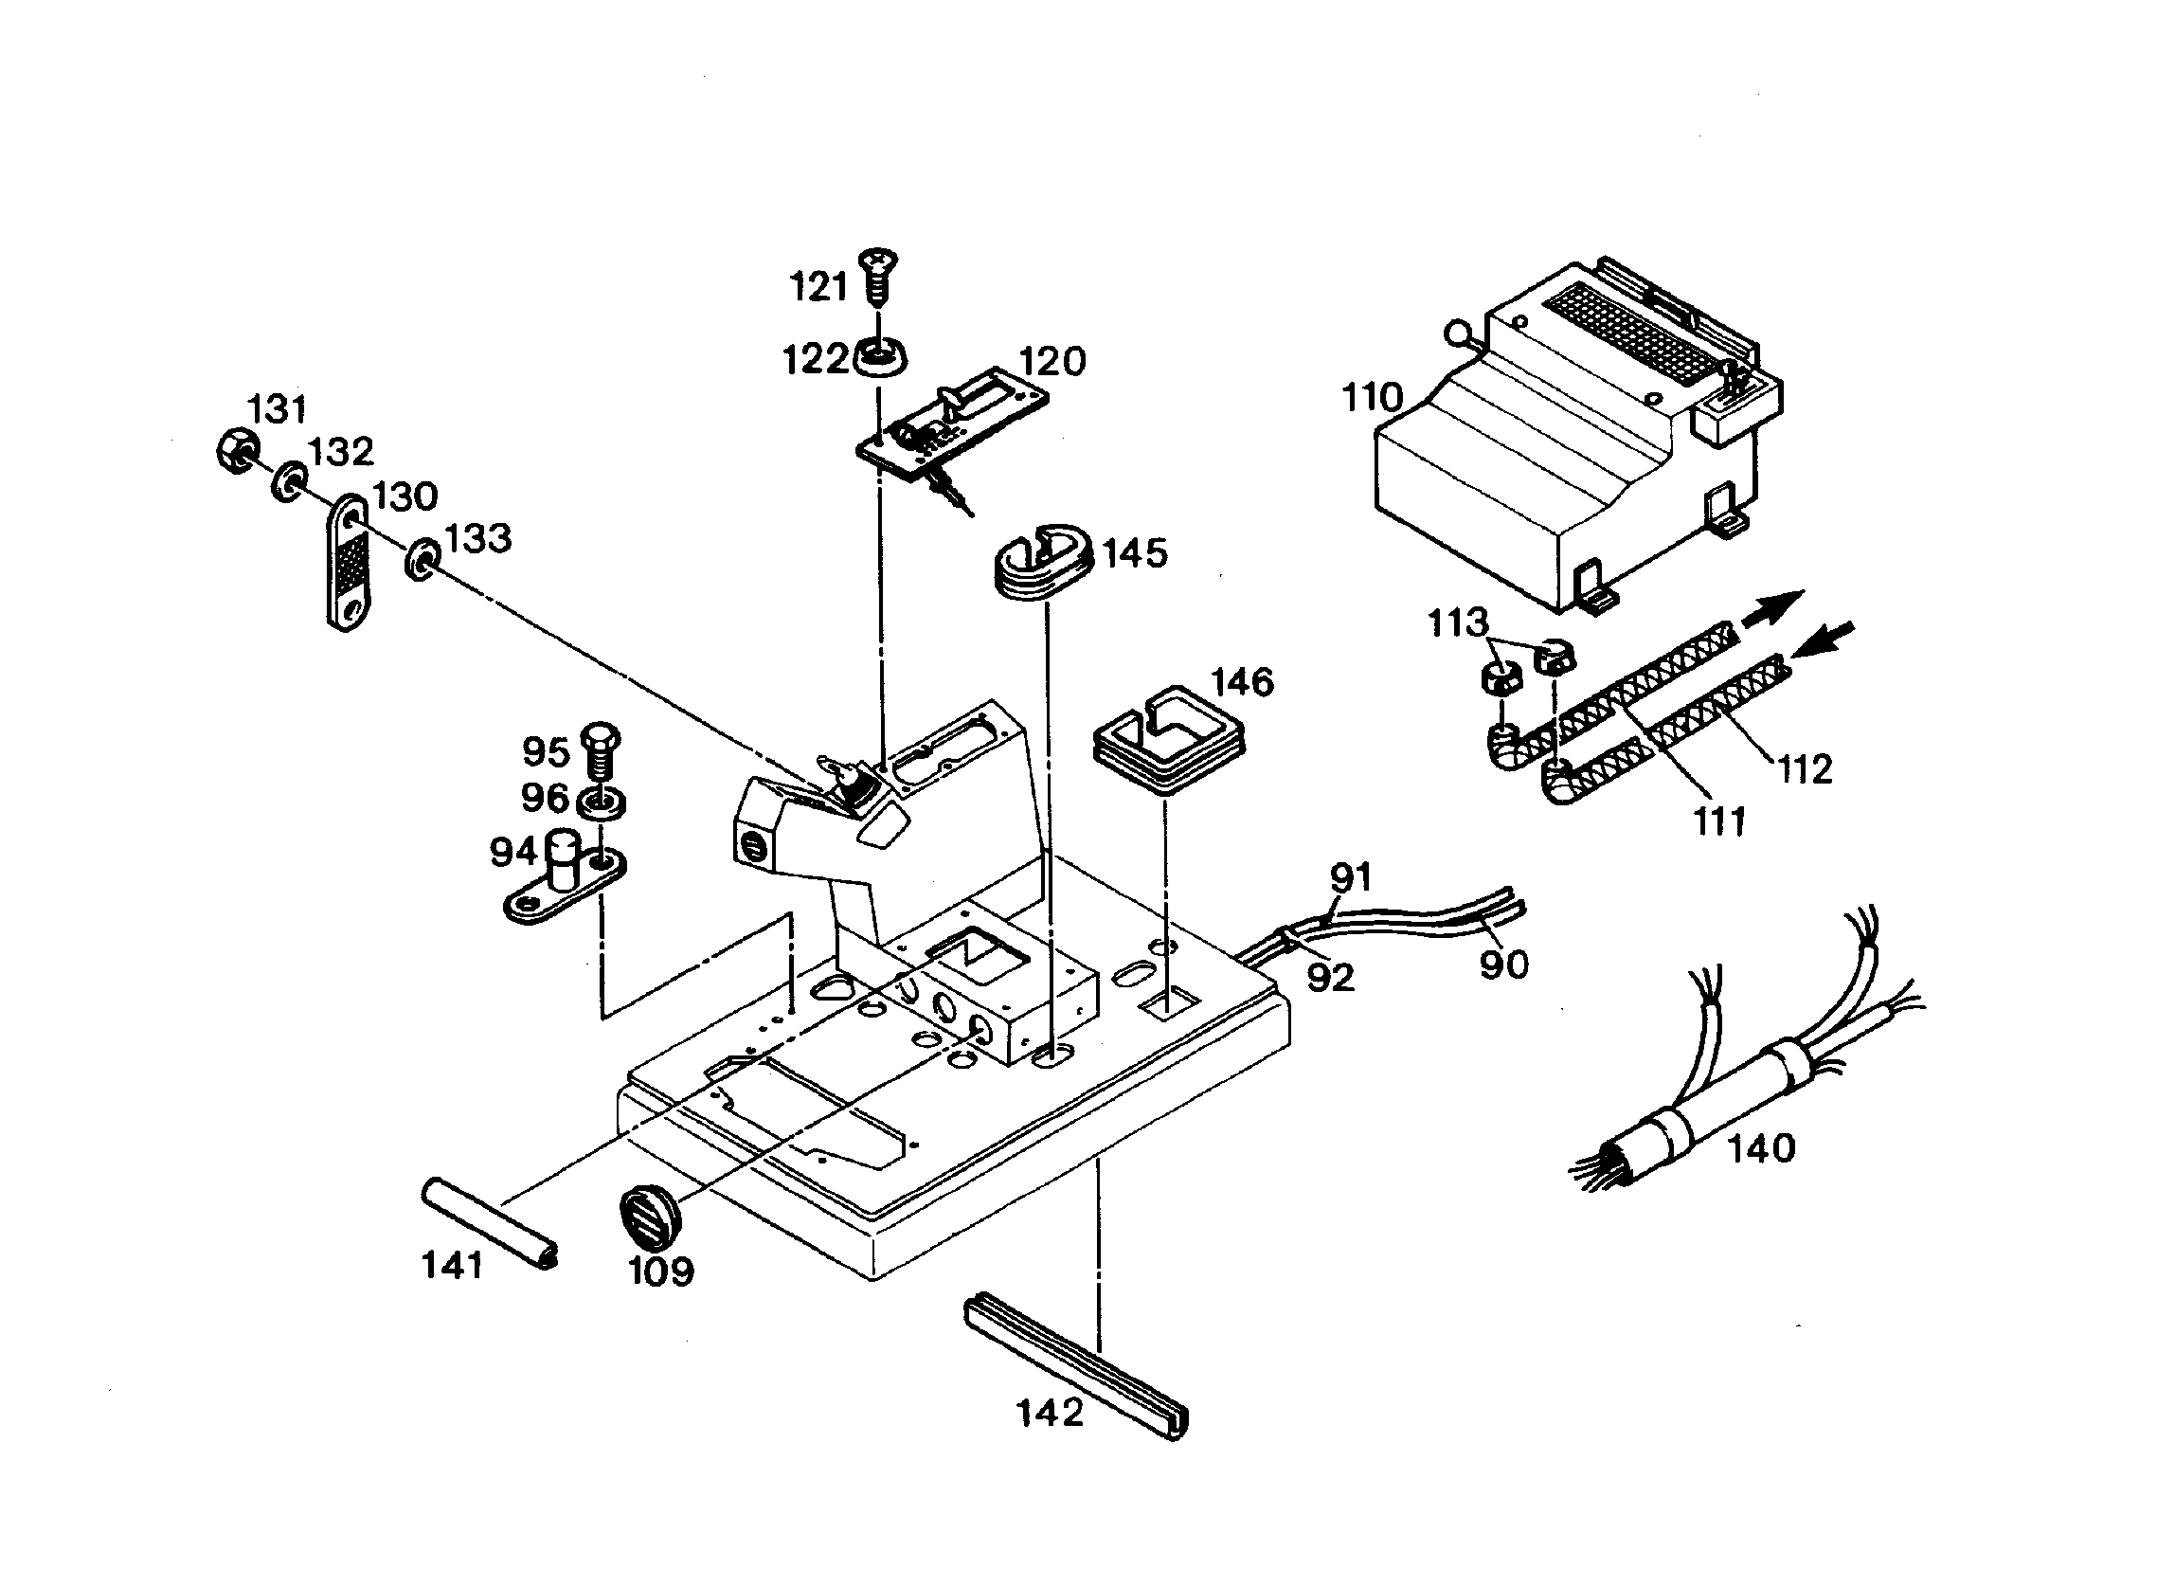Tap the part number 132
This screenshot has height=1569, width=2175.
coord(340,451)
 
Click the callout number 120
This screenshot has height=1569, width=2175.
coord(1052,362)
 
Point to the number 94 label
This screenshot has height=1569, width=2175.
coord(514,852)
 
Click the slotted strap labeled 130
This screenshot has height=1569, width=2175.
coord(348,561)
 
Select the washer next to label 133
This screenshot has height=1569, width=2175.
coord(422,559)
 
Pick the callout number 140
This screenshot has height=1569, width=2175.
coord(1761,1148)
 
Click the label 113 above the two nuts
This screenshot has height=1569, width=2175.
coord(1458,623)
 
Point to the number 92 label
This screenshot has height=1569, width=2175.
coord(1330,977)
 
